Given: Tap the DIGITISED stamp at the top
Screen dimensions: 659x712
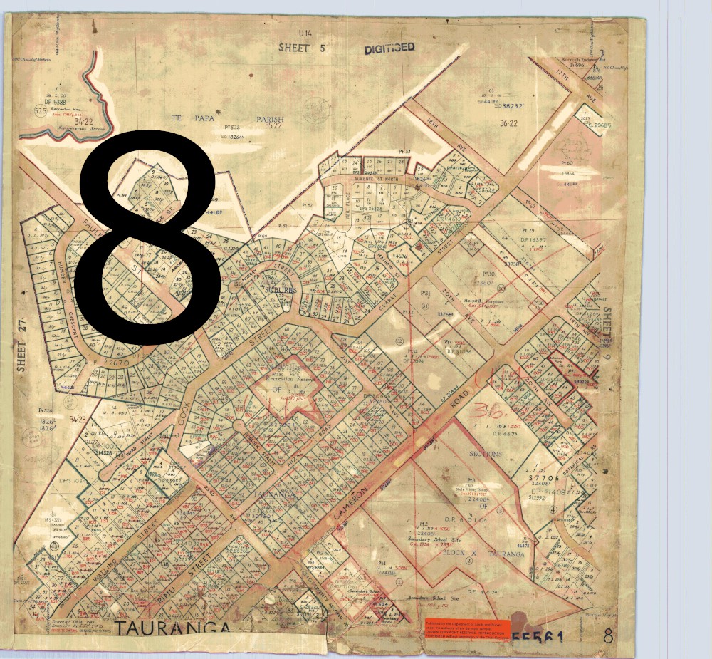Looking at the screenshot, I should tap(389, 48).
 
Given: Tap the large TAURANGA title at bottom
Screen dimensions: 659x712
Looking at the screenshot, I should tap(172, 628).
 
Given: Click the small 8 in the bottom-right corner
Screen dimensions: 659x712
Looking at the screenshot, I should tap(607, 636).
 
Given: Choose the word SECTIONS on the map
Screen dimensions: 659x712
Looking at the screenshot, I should tap(486, 454).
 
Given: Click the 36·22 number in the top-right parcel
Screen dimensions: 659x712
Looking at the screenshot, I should tap(509, 123).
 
